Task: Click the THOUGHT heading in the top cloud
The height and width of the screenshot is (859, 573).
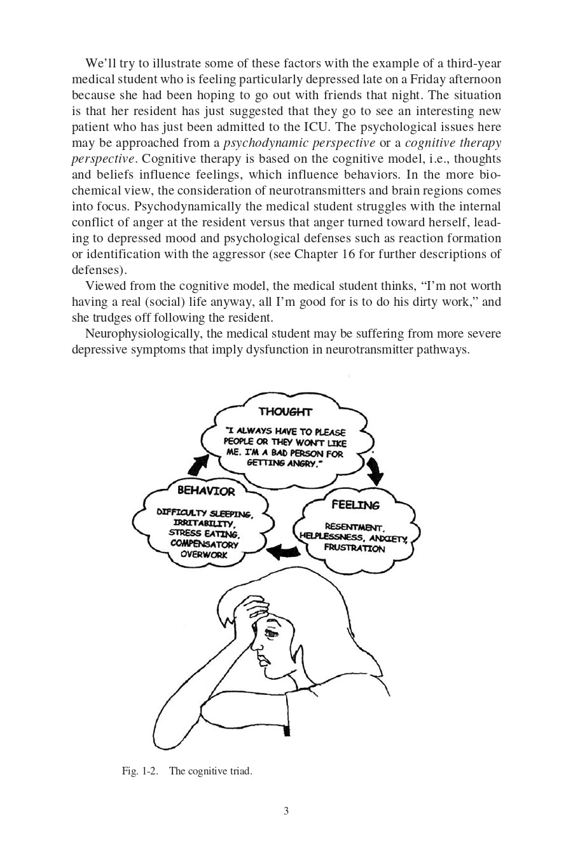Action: pos(285,411)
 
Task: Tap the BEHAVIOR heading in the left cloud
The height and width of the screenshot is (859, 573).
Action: pos(206,491)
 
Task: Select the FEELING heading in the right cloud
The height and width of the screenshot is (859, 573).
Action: pos(355,505)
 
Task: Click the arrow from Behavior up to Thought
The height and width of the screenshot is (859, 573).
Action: pos(200,465)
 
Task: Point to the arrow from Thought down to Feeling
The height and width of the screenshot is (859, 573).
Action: pos(375,471)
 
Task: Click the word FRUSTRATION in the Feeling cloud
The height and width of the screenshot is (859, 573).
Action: pos(354,548)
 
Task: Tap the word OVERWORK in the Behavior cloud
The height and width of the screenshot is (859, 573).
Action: pos(204,554)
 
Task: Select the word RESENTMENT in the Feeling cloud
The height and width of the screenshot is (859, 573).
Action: pos(354,527)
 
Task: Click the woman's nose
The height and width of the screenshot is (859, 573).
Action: pos(257,647)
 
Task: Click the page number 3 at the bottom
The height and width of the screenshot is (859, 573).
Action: pos(286,811)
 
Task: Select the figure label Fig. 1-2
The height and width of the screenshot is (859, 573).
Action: pos(139,771)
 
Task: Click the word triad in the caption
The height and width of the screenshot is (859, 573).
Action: pos(240,771)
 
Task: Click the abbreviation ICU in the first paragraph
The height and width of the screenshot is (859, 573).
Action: pos(315,127)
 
